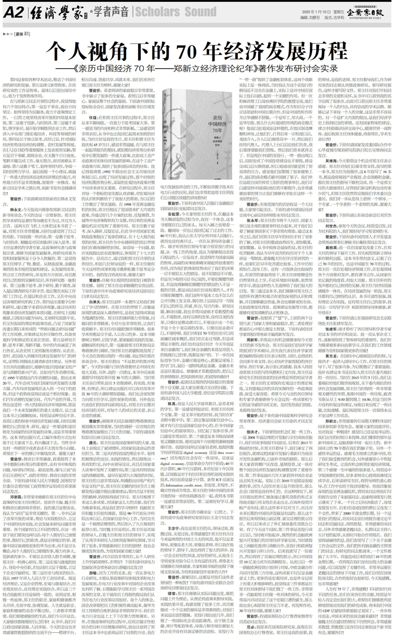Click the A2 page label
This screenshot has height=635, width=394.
point(13,11)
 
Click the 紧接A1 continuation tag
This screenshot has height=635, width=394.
point(17,34)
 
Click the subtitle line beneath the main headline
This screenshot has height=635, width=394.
point(197,70)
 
